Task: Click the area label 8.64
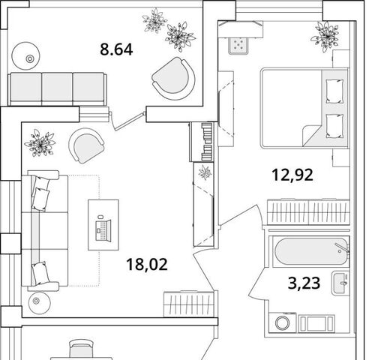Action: pyautogui.click(x=116, y=49)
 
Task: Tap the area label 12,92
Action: pyautogui.click(x=292, y=175)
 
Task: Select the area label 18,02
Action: pyautogui.click(x=147, y=265)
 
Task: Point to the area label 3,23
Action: pyautogui.click(x=304, y=283)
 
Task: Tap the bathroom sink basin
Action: pyautogui.click(x=341, y=283)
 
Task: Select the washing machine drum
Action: pyautogui.click(x=283, y=322)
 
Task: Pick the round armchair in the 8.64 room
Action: pyautogui.click(x=173, y=79)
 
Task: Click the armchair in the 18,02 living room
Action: pyautogui.click(x=86, y=145)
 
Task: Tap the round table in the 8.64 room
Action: pyautogui.click(x=26, y=55)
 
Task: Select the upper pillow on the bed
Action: pyautogui.click(x=334, y=91)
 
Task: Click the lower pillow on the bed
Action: pyautogui.click(x=334, y=126)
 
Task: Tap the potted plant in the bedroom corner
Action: pyautogui.click(x=325, y=37)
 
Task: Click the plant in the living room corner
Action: pyautogui.click(x=40, y=143)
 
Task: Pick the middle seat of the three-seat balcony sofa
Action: pyautogui.click(x=57, y=88)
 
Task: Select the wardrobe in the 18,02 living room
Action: pyautogui.click(x=189, y=304)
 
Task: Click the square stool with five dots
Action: pyautogui.click(x=238, y=46)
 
